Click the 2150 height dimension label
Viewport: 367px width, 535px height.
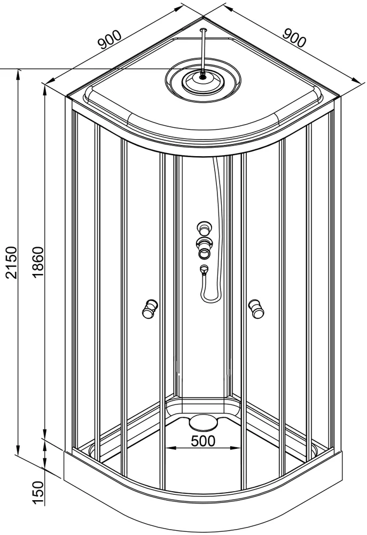coord(11,262)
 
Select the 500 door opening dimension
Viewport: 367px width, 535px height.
coord(203,440)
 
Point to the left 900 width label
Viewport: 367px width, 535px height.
coord(110,39)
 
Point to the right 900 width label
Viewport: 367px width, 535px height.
coord(294,37)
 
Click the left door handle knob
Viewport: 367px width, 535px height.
coord(149,309)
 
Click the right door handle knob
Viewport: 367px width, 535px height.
coord(256,309)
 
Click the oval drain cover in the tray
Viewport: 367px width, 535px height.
coord(204,422)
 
